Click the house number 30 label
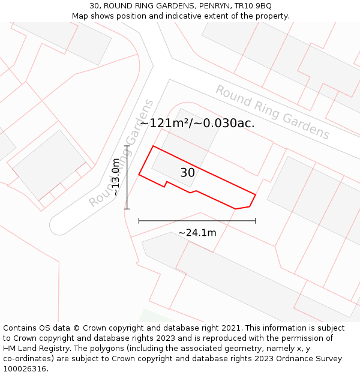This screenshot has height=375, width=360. click(x=187, y=173)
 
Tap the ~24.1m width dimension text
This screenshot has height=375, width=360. click(x=197, y=233)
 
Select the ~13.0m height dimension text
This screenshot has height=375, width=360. click(x=116, y=178)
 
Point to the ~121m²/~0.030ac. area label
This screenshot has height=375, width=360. click(x=197, y=123)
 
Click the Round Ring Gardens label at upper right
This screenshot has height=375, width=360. click(x=272, y=112)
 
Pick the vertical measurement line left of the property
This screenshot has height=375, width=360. click(x=127, y=178)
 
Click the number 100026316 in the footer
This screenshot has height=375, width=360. click(x=24, y=369)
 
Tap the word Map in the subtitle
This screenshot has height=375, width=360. click(x=80, y=16)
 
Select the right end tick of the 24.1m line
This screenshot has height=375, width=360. click(x=256, y=221)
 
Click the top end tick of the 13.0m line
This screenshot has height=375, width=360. click(x=127, y=146)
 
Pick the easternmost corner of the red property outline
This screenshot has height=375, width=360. click(x=256, y=194)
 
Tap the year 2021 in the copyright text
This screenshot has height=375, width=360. click(x=232, y=328)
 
